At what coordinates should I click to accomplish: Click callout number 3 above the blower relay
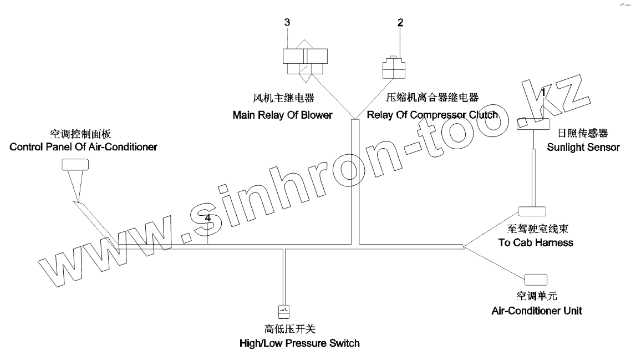(x=287, y=22)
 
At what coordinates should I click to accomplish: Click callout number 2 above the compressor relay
(x=400, y=23)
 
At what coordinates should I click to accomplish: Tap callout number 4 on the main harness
(x=207, y=219)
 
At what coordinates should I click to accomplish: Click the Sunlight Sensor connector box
(x=533, y=124)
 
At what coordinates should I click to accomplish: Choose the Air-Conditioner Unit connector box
(x=536, y=279)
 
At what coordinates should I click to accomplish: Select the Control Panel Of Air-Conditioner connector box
(x=75, y=164)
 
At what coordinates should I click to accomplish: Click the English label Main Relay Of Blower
(x=282, y=115)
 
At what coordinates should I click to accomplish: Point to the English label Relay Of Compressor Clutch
(x=432, y=115)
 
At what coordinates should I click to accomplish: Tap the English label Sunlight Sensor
(x=583, y=148)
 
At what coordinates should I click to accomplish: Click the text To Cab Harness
(x=532, y=242)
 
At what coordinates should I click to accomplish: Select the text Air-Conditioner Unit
(x=537, y=310)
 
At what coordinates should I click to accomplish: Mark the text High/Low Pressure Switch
(x=299, y=343)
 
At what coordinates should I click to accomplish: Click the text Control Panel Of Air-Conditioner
(x=79, y=147)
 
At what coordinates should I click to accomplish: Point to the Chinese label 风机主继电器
(x=282, y=99)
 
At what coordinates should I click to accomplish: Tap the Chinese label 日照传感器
(x=583, y=133)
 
